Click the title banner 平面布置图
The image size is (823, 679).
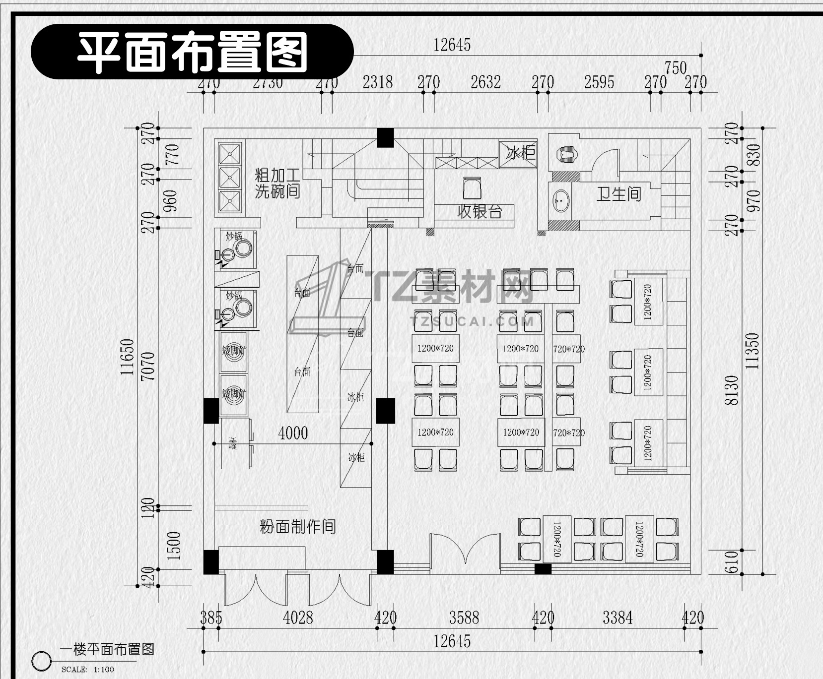click(192, 52)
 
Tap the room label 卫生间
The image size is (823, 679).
click(618, 194)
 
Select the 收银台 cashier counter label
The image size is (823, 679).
click(479, 212)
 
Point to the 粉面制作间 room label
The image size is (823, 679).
click(298, 526)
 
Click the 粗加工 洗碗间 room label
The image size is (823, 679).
click(277, 183)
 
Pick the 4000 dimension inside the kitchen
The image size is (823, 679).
click(293, 433)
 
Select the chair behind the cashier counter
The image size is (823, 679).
click(472, 188)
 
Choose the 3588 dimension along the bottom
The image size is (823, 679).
click(464, 617)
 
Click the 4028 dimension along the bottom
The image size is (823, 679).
click(298, 617)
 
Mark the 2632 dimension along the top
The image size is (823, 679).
click(485, 82)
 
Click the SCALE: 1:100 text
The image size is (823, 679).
click(87, 670)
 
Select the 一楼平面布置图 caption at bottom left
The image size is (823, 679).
click(107, 649)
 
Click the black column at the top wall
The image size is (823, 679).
click(385, 137)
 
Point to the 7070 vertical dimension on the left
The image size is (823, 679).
click(148, 366)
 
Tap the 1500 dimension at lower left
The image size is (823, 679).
click(174, 546)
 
